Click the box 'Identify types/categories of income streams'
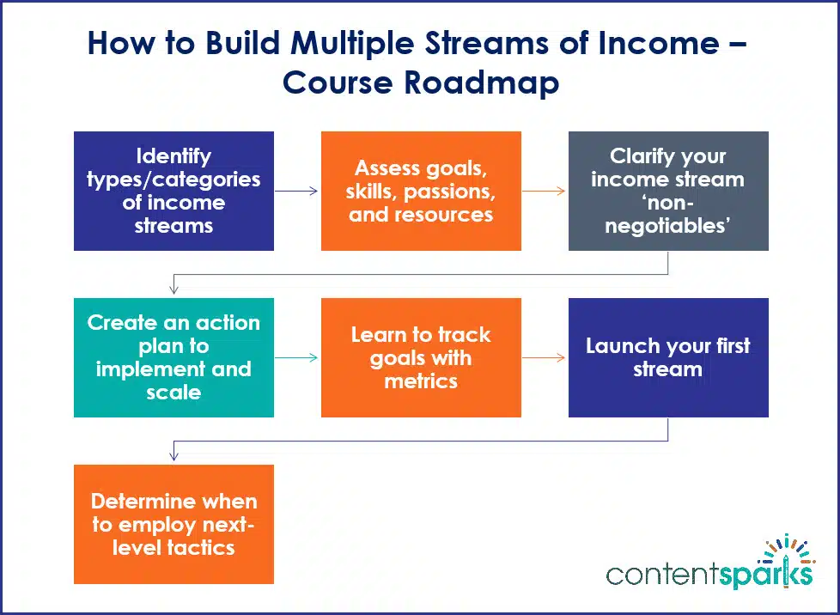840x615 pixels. [173, 191]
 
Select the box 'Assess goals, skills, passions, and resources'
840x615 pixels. [421, 191]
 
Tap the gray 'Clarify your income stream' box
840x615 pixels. [668, 191]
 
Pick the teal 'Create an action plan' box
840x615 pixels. [173, 357]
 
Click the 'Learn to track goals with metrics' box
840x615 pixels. [421, 357]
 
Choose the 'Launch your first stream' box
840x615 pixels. [668, 357]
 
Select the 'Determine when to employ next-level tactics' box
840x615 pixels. [173, 524]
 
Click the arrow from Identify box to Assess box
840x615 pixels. [297, 191]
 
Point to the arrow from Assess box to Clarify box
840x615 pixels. [545, 191]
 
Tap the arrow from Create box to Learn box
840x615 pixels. [297, 357]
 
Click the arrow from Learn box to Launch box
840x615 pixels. [545, 357]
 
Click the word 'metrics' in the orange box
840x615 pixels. [421, 381]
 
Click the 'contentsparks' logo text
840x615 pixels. [709, 574]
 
